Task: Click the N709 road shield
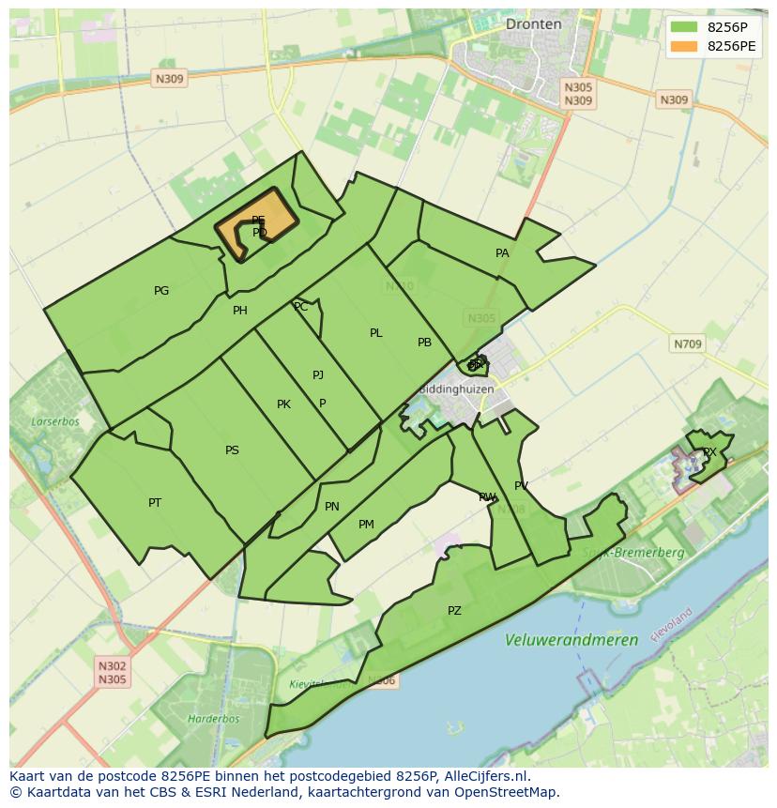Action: (x=687, y=344)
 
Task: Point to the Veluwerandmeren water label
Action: (x=571, y=640)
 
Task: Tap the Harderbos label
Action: (x=213, y=719)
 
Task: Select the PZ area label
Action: (x=454, y=611)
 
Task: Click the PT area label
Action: (x=155, y=503)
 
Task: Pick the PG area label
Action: (x=161, y=291)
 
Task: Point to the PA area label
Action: (x=502, y=253)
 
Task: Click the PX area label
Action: (x=709, y=452)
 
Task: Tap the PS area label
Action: (x=232, y=450)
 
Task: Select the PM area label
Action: (x=366, y=525)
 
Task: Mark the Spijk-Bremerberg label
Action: (x=633, y=553)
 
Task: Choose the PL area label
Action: (x=375, y=333)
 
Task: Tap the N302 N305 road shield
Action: (x=112, y=673)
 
